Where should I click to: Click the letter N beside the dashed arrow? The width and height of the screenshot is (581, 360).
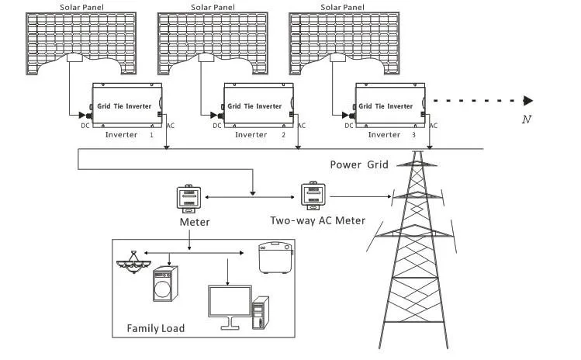pyautogui.click(x=527, y=119)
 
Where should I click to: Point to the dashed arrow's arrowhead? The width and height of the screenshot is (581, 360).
pyautogui.click(x=528, y=100)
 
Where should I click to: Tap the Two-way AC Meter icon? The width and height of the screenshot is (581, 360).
pyautogui.click(x=312, y=196)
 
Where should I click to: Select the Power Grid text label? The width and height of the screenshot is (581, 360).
pyautogui.click(x=358, y=164)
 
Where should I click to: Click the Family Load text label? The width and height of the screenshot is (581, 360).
pyautogui.click(x=156, y=328)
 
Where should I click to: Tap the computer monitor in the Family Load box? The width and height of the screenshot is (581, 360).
pyautogui.click(x=230, y=303)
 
